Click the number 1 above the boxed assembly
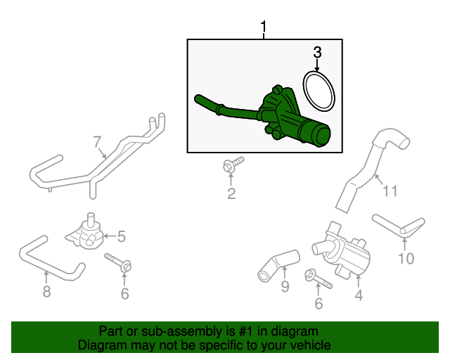[x=264, y=27]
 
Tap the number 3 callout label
[x=317, y=51]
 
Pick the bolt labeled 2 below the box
[x=230, y=166]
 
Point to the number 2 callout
[x=231, y=193]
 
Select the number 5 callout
[x=121, y=236]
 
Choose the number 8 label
[x=46, y=291]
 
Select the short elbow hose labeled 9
[x=277, y=262]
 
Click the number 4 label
[x=359, y=296]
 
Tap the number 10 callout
[x=406, y=259]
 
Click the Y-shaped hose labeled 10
[x=399, y=226]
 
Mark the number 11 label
[x=390, y=189]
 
